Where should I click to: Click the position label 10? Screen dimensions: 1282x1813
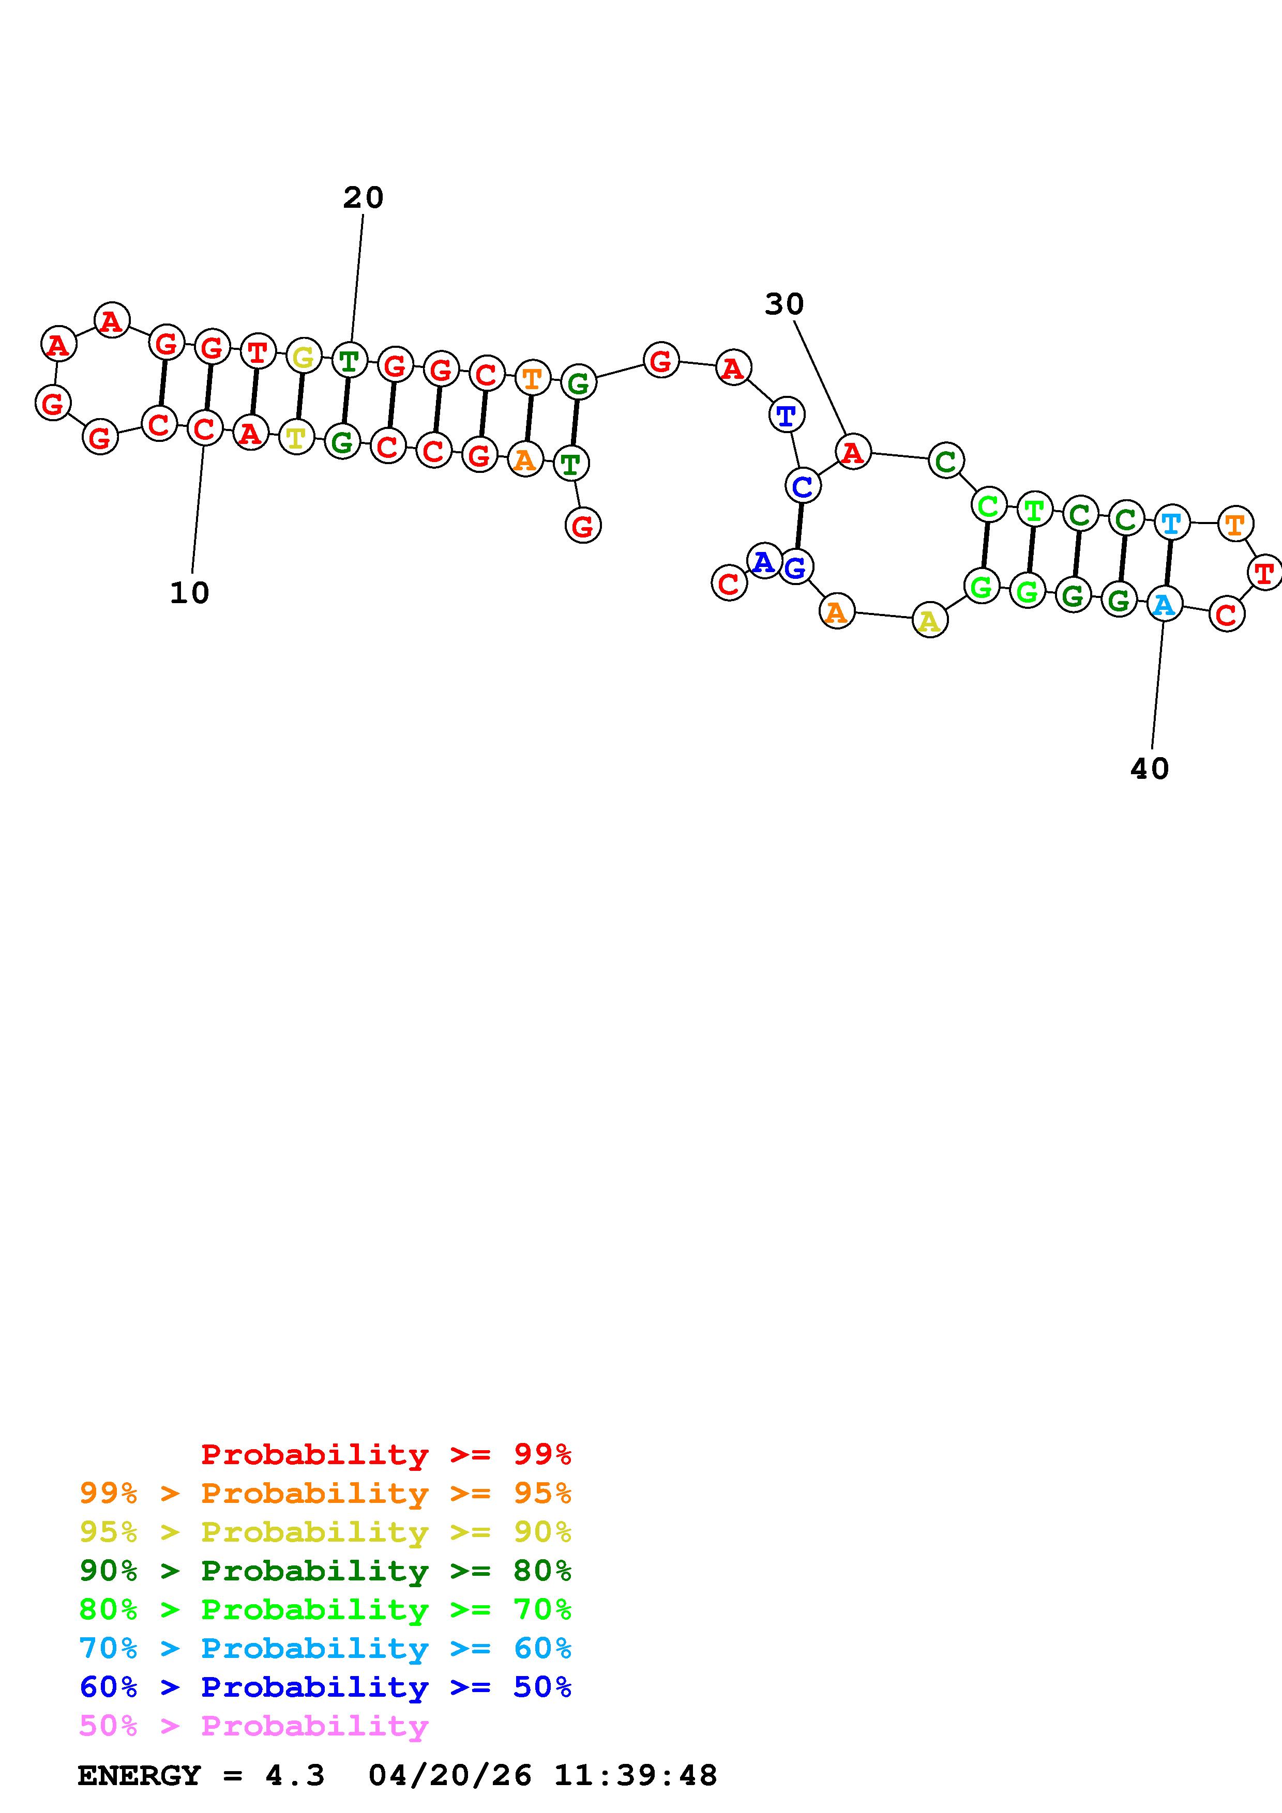point(190,593)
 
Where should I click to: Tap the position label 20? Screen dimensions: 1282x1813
point(364,197)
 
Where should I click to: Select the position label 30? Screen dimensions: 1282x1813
point(785,304)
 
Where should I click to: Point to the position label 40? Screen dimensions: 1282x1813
point(1149,769)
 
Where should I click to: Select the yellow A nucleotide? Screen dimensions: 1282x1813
point(930,621)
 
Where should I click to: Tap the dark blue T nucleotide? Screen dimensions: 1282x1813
point(786,416)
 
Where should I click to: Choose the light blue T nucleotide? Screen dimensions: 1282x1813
point(1171,523)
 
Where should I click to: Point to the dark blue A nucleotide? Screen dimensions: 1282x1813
point(763,561)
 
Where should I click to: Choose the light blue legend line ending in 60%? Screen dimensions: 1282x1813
point(325,1649)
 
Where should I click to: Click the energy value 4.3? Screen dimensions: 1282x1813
point(295,1776)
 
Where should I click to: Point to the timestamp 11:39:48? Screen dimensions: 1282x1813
point(635,1776)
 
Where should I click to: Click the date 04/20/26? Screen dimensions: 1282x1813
point(450,1776)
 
